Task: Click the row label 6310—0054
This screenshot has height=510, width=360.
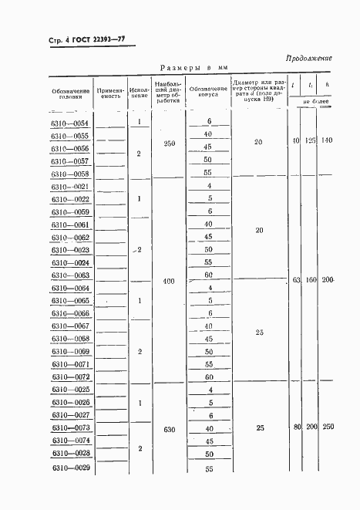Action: tap(69, 123)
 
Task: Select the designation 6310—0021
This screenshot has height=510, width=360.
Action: tap(69, 186)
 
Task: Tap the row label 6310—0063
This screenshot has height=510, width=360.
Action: tap(69, 275)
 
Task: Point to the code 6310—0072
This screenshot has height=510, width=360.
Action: tap(69, 377)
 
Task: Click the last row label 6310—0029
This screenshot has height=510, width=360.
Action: tap(69, 468)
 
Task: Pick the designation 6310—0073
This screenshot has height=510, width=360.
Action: tap(69, 427)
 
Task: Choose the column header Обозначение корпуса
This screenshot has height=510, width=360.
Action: tap(208, 92)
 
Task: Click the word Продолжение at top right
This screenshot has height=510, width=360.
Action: tap(309, 58)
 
